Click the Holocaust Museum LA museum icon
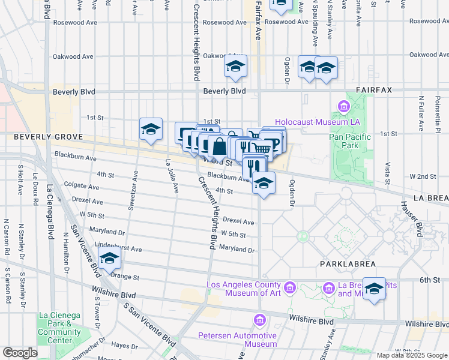tap(344, 108)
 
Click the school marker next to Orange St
tap(109, 259)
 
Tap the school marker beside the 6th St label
tap(374, 289)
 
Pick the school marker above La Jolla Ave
tap(151, 128)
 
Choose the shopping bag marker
tap(219, 146)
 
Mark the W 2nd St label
tap(418, 176)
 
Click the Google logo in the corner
tap(20, 353)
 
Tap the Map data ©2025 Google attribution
tap(412, 355)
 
